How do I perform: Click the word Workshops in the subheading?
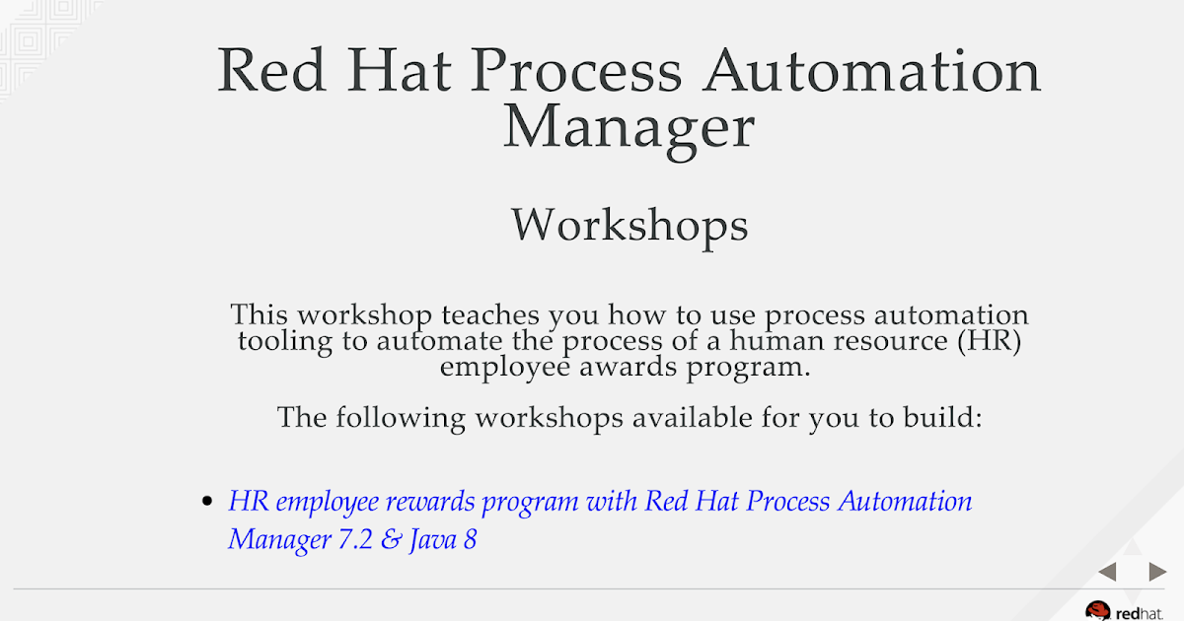coord(629,226)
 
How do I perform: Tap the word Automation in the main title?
coord(872,71)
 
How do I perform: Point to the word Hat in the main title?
coord(399,70)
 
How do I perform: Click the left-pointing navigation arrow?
coord(1107,572)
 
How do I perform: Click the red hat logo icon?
coord(1097,611)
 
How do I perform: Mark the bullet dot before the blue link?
coord(207,501)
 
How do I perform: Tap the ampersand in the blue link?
coord(391,540)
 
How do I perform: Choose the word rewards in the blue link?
coord(430,502)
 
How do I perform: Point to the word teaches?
coord(490,315)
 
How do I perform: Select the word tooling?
coord(285,342)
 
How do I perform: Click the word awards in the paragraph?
coord(628,367)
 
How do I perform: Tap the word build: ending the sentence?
coord(942,418)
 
